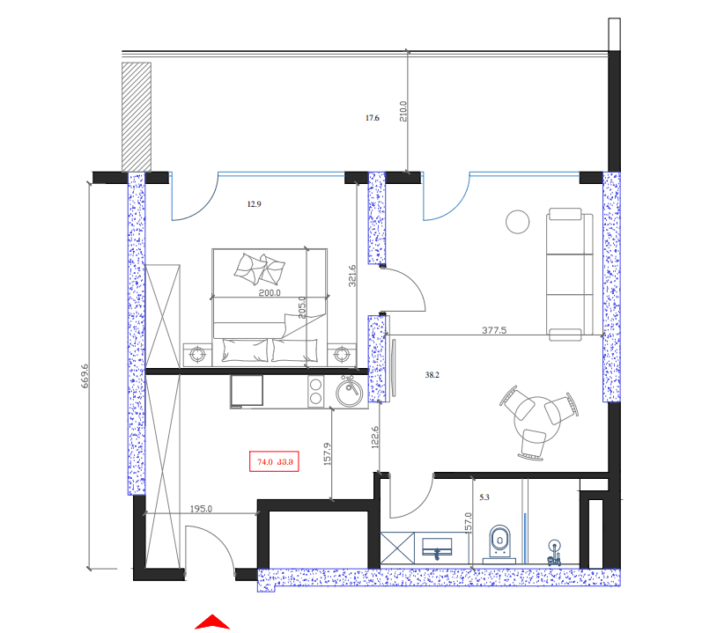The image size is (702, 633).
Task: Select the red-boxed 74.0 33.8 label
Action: (x=275, y=460)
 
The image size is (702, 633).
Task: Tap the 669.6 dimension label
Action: (x=86, y=376)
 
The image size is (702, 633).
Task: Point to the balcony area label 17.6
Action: (x=372, y=118)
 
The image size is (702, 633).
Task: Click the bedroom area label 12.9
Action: (x=254, y=203)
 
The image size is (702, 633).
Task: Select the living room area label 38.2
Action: (x=432, y=374)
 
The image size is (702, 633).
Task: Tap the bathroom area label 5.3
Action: (x=483, y=497)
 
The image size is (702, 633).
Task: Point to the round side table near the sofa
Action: (x=517, y=221)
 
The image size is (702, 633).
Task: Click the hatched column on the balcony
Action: (x=137, y=114)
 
